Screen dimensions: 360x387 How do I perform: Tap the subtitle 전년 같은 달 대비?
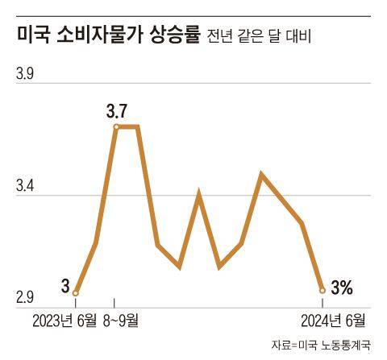(x=259, y=36)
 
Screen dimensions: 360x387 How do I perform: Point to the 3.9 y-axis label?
(x=26, y=76)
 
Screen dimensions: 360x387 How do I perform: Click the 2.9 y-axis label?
(x=26, y=300)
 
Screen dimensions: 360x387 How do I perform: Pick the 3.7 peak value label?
(x=118, y=110)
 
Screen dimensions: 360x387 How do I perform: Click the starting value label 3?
(x=64, y=284)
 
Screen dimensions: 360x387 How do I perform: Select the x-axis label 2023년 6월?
(x=64, y=321)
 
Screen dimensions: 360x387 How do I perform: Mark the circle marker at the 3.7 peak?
(x=117, y=127)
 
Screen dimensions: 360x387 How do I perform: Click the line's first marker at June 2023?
(x=76, y=293)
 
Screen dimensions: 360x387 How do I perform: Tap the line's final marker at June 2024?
(x=322, y=290)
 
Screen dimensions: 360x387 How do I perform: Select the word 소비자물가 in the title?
(x=100, y=35)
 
